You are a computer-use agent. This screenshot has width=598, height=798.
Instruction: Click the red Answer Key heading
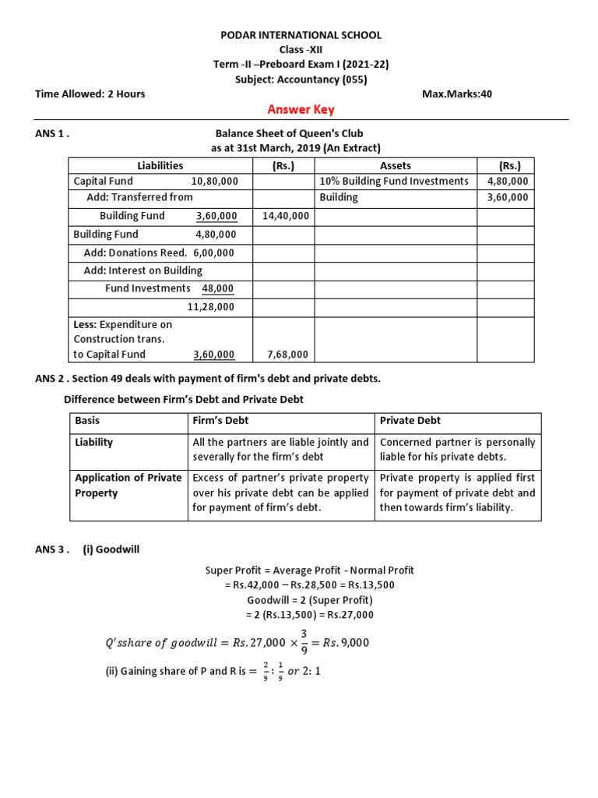301,110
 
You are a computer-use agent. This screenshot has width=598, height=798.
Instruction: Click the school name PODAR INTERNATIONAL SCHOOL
301,35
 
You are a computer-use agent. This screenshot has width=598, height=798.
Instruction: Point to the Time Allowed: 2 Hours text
90,94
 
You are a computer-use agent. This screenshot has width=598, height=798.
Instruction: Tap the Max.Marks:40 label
457,94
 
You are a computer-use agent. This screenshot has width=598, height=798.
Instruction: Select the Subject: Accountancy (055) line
301,79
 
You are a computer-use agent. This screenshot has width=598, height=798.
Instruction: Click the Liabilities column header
160,165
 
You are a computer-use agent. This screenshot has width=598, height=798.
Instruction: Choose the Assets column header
396,165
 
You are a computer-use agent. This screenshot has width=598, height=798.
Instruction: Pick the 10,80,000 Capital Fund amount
214,181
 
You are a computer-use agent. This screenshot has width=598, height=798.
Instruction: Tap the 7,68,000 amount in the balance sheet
287,354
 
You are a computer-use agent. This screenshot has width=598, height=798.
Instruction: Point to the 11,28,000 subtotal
211,307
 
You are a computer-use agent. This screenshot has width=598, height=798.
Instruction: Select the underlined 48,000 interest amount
217,288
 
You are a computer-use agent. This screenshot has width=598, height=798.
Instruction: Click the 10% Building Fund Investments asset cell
394,181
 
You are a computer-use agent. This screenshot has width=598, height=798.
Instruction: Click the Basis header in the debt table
88,420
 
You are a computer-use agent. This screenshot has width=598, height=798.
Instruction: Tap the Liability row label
93,442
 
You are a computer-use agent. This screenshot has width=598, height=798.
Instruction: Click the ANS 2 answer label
51,379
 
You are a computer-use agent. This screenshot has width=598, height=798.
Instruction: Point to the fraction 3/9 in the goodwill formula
304,642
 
